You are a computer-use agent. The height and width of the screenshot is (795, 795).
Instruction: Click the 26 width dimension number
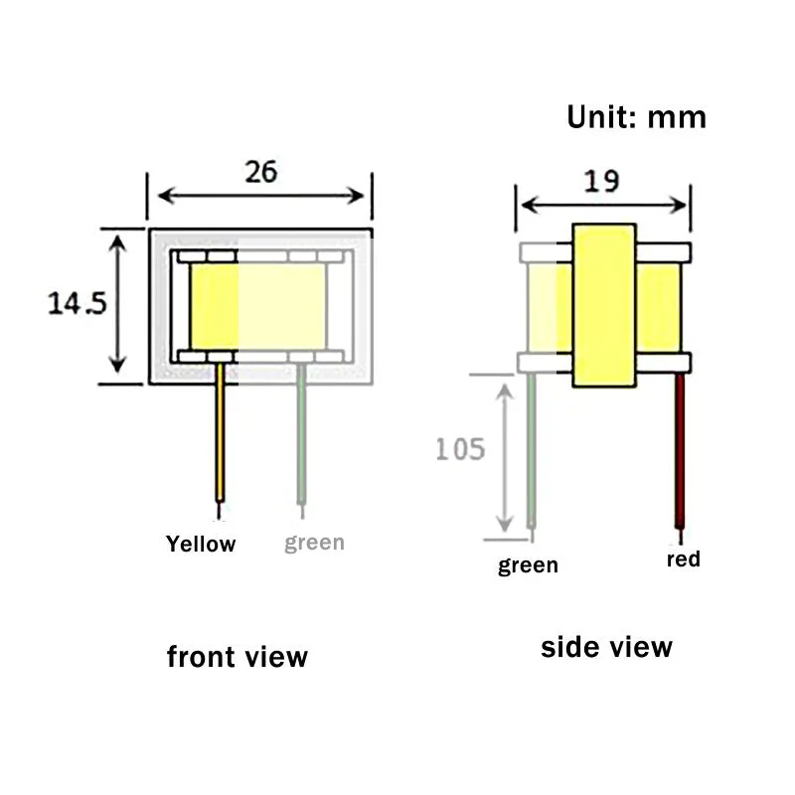tap(261, 172)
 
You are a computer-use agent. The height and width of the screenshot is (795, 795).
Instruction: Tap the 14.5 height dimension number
tap(78, 303)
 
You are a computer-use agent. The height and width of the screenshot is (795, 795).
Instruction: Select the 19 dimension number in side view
tap(601, 181)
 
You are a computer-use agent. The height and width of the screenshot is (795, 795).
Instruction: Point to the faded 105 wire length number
tap(460, 449)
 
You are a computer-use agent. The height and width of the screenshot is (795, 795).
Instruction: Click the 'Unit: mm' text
tap(636, 117)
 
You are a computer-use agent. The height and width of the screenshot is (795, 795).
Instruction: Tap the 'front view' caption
tap(238, 657)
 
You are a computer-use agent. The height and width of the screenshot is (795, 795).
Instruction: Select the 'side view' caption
tap(606, 648)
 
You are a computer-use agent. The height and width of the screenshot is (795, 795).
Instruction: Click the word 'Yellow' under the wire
tap(201, 544)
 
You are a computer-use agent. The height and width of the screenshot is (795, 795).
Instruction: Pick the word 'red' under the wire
tap(684, 559)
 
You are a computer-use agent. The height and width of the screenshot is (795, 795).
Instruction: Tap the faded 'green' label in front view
tap(314, 543)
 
